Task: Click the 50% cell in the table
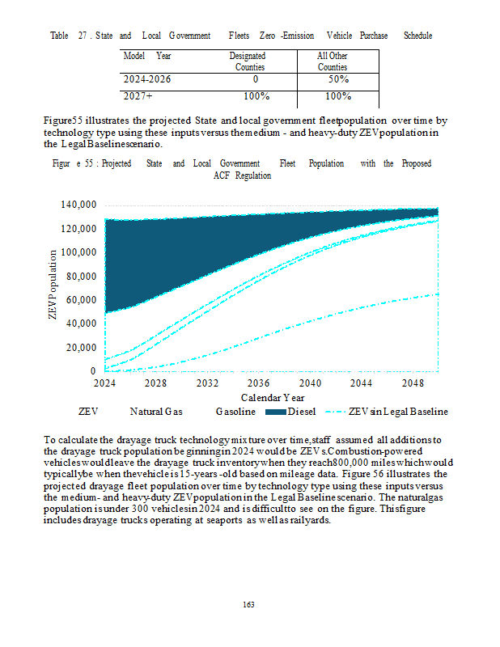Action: tap(333, 80)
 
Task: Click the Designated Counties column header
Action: tap(249, 61)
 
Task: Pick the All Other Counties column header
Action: tap(333, 61)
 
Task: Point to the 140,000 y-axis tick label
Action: tap(78, 205)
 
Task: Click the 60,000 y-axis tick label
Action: tap(81, 300)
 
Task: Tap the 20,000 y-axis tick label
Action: tap(81, 348)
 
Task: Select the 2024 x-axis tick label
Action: tap(105, 382)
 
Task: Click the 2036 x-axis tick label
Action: tap(258, 382)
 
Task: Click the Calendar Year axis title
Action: tap(273, 397)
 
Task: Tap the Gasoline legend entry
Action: tap(235, 412)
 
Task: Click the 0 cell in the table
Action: tap(255, 80)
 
